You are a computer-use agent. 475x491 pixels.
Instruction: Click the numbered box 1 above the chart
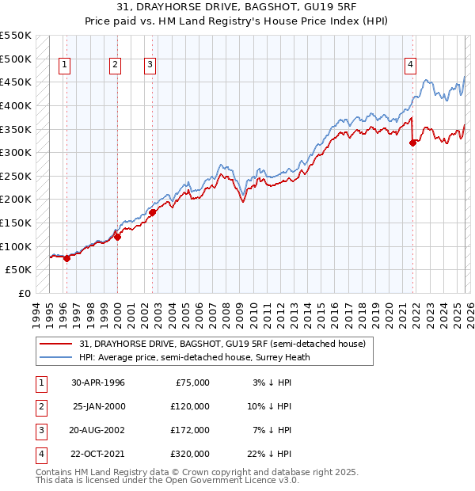point(64,66)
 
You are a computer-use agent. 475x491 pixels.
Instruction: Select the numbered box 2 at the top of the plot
point(115,66)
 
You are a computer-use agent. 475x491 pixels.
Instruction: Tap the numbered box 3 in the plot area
point(150,66)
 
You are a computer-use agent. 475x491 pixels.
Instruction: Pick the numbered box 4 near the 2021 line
point(411,66)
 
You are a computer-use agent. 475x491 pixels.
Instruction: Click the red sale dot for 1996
point(66,257)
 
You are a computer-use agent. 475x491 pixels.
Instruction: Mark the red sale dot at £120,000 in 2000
point(117,236)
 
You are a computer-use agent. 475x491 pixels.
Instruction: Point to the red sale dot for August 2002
point(152,211)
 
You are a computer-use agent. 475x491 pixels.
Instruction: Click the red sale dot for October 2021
point(413,143)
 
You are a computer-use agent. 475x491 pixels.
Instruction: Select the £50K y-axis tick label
point(19,269)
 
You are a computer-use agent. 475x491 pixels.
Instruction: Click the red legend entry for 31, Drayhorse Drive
point(222,344)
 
